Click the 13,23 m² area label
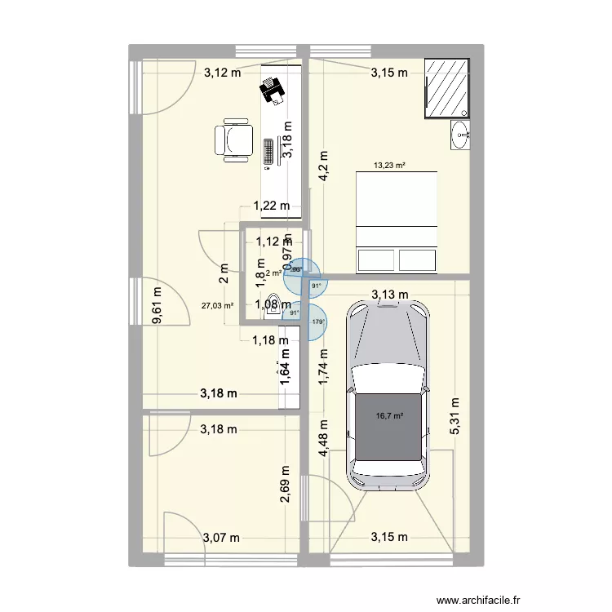click(x=389, y=165)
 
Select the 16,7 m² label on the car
click(x=389, y=416)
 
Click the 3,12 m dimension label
click(x=222, y=73)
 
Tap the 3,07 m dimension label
click(x=221, y=537)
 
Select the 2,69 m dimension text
click(x=286, y=487)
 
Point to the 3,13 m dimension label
click(x=390, y=295)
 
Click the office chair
click(x=233, y=139)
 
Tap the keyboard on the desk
click(x=268, y=153)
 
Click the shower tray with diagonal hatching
click(x=446, y=88)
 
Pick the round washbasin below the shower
click(x=462, y=134)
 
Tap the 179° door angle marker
click(x=318, y=322)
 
